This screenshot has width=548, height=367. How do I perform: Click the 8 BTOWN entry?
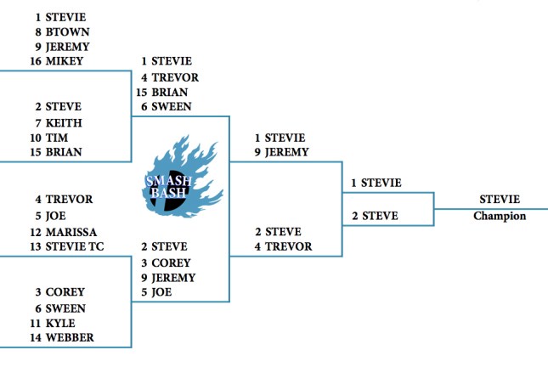click(x=62, y=31)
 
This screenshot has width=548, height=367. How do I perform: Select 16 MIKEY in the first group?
click(x=60, y=62)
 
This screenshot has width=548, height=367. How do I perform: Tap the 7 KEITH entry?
click(x=59, y=122)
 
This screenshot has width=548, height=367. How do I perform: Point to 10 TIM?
click(x=54, y=138)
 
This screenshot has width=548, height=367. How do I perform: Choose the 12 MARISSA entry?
click(x=65, y=232)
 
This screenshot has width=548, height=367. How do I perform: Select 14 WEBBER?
click(x=65, y=338)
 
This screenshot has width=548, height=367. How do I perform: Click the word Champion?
click(x=500, y=216)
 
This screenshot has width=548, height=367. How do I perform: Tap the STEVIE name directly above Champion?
click(x=500, y=200)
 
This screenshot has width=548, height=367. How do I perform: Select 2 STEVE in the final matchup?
click(x=375, y=216)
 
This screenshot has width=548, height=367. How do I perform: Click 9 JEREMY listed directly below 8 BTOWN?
click(x=62, y=47)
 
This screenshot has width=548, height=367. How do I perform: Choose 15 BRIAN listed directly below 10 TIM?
click(x=59, y=153)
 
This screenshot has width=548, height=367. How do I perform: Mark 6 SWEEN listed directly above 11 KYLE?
click(x=60, y=308)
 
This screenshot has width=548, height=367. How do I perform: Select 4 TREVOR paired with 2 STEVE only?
click(x=284, y=247)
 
